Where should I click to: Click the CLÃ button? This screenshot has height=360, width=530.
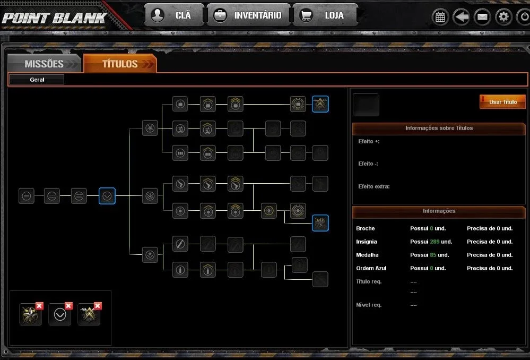pos(174,15)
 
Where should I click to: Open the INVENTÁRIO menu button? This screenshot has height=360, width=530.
pos(248,15)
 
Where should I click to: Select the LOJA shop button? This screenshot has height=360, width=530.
pos(325,15)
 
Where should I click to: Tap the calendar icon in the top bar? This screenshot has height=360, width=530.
pos(440,17)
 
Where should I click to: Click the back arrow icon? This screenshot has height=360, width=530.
pos(461,17)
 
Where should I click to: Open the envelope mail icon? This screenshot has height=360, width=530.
pos(482,17)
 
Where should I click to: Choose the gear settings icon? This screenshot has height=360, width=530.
pos(503,17)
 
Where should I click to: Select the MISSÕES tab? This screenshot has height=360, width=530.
pos(44,64)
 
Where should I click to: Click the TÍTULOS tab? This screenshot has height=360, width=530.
pos(120,64)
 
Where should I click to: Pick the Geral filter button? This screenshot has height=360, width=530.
pos(37,80)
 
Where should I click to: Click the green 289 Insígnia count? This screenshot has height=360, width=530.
pos(435,242)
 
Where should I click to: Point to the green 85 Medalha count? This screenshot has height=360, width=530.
pos(433,255)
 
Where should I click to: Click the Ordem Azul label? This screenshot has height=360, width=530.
pos(371,268)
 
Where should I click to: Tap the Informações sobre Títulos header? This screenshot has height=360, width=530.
pos(439,128)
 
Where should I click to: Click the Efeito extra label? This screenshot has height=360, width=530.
pos(374,186)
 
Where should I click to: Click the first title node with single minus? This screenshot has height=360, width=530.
pos(27,196)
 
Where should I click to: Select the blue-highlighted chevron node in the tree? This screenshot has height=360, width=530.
pos(107,196)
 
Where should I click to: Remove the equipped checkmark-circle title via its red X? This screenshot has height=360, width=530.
pos(68,306)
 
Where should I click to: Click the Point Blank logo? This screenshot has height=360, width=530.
pos(54,18)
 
